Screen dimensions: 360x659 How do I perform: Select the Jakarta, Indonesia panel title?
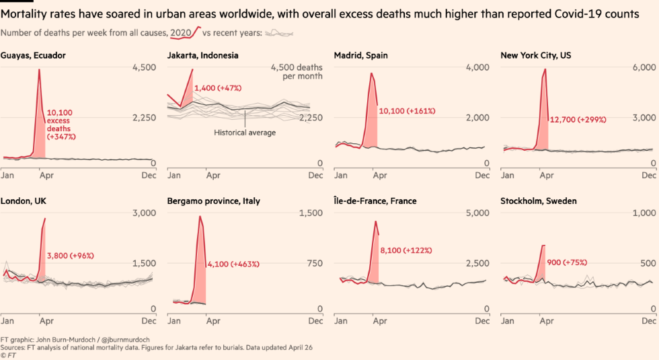click(x=202, y=55)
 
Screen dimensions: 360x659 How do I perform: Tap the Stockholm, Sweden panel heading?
click(x=539, y=201)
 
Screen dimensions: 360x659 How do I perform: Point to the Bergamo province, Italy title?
click(x=213, y=201)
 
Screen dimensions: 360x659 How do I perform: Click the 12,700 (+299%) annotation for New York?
click(x=578, y=120)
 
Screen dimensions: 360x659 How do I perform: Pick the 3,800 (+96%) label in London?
click(x=70, y=256)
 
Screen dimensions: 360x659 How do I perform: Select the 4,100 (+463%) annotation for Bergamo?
click(x=233, y=264)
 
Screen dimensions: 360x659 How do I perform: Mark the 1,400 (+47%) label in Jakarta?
click(x=217, y=88)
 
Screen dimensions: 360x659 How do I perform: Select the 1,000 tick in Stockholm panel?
click(x=645, y=213)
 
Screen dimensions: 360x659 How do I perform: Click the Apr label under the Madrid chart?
click(x=380, y=176)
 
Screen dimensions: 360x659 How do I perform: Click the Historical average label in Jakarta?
click(x=245, y=133)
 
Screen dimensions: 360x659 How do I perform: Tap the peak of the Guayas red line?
click(x=39, y=70)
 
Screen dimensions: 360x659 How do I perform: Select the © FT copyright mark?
click(x=7, y=355)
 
